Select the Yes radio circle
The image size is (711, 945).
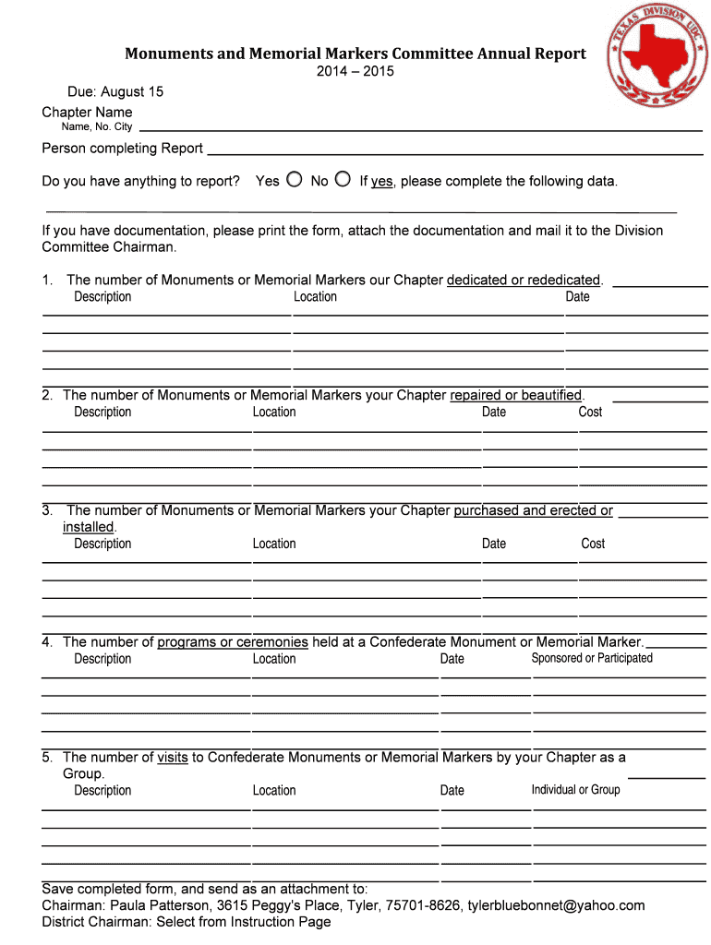pyautogui.click(x=294, y=179)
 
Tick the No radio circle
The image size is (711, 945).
pyautogui.click(x=343, y=179)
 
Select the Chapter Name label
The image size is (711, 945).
pyautogui.click(x=87, y=113)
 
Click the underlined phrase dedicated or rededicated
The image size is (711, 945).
pyautogui.click(x=524, y=280)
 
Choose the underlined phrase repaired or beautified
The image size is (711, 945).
pyautogui.click(x=516, y=395)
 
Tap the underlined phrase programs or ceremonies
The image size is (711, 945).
pyautogui.click(x=233, y=641)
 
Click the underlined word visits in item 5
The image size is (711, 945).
pyautogui.click(x=173, y=757)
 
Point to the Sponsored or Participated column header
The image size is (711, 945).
pyautogui.click(x=592, y=658)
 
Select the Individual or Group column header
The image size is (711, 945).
pyautogui.click(x=575, y=789)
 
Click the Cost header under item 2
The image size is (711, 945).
pyautogui.click(x=590, y=412)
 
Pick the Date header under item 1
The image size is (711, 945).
pyautogui.click(x=577, y=296)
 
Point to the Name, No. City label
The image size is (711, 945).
pyautogui.click(x=96, y=126)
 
